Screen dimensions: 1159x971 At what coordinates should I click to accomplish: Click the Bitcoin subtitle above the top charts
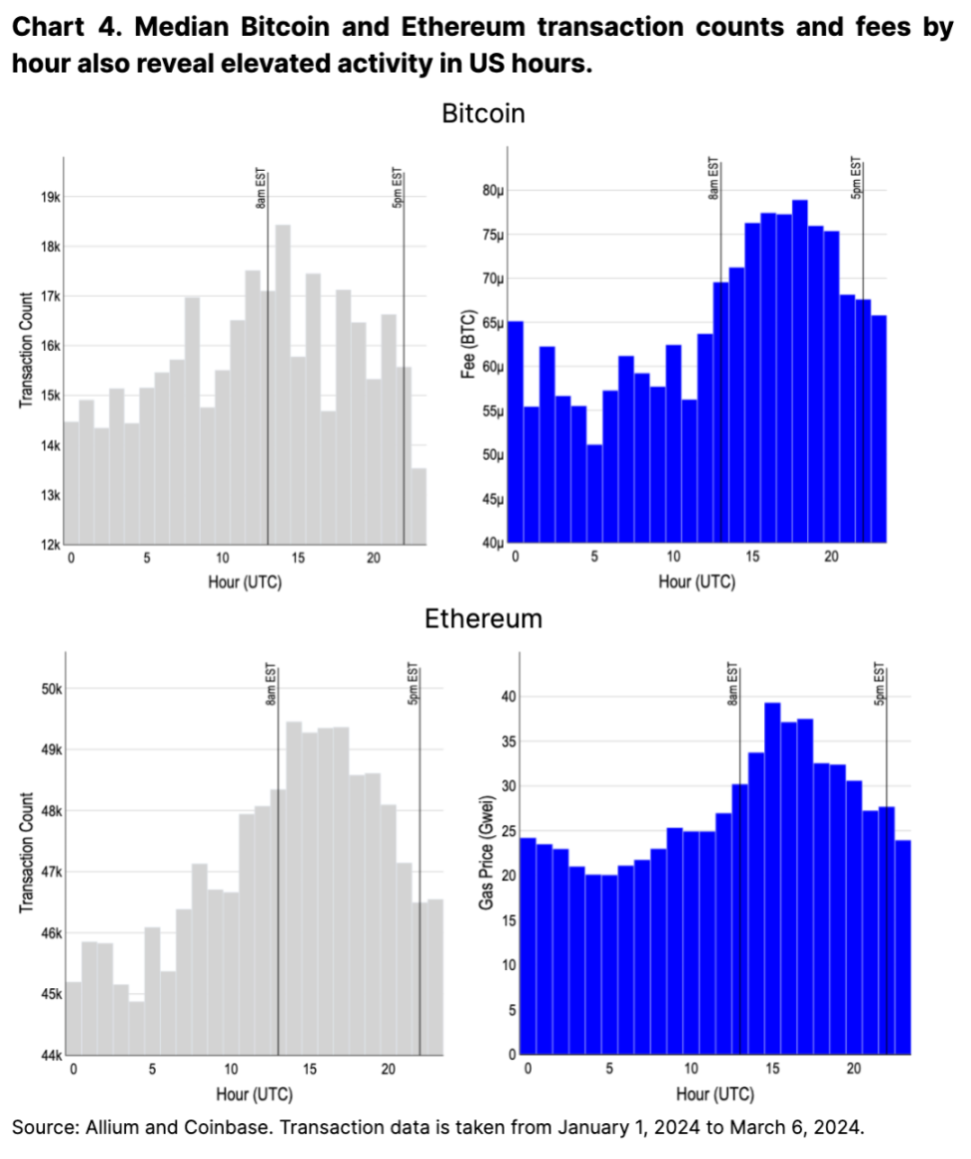click(x=483, y=114)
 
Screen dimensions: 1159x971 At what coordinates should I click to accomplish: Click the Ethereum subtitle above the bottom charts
click(x=484, y=618)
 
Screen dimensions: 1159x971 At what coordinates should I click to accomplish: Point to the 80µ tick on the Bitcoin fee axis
click(x=488, y=190)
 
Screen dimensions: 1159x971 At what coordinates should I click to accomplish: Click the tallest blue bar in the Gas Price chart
click(x=772, y=879)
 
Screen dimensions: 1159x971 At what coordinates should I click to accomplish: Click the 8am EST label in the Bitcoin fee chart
click(x=713, y=180)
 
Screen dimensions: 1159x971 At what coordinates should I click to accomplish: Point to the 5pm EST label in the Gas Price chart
click(x=879, y=684)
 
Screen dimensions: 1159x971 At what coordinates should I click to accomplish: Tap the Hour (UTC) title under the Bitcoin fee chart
click(x=695, y=581)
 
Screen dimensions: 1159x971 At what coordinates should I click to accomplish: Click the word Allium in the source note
click(x=102, y=1127)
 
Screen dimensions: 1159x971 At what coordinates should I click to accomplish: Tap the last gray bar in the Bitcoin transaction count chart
click(x=419, y=507)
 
